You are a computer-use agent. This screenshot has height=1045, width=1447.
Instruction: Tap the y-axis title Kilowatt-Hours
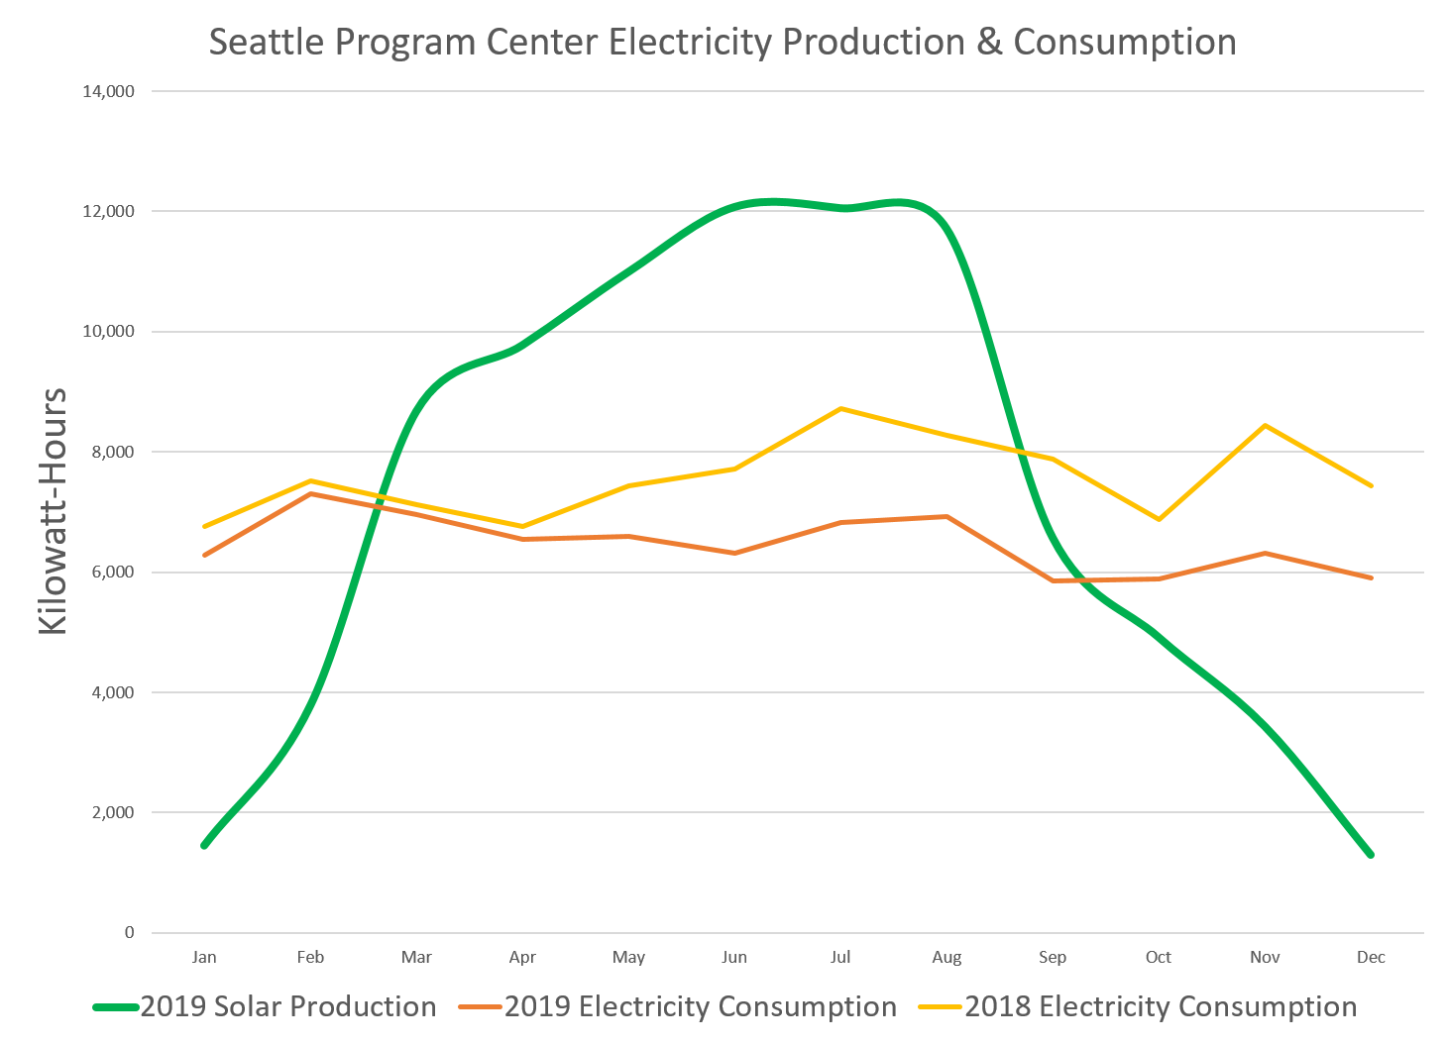click(52, 511)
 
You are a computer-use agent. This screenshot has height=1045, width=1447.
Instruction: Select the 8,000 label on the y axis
click(113, 452)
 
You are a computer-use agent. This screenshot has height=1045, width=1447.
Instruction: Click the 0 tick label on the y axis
click(129, 932)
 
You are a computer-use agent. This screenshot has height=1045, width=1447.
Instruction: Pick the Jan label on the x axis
click(204, 957)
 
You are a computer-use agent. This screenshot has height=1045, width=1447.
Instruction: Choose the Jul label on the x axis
click(840, 957)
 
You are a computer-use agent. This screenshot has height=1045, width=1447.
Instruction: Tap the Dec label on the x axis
click(1371, 957)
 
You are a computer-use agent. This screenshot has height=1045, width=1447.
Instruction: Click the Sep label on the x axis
click(1053, 957)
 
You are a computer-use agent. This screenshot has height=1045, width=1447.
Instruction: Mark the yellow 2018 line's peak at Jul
click(841, 408)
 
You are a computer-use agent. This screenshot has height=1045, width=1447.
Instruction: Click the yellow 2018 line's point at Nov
click(1266, 426)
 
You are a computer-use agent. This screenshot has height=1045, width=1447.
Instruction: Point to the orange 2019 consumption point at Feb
click(311, 493)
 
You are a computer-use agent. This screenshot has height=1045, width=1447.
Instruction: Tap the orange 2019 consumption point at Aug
click(947, 516)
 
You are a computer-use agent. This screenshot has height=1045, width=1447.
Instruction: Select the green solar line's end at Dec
click(1371, 854)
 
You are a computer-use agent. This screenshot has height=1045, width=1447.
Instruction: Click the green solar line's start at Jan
click(204, 845)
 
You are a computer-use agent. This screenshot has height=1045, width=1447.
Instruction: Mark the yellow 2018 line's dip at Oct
click(1159, 519)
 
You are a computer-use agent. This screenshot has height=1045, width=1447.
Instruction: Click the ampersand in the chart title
click(988, 43)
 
